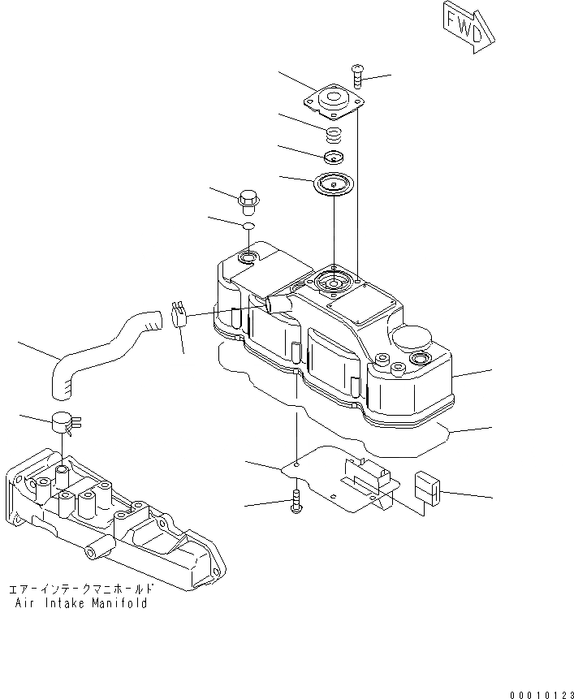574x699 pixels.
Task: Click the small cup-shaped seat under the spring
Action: coord(334,156)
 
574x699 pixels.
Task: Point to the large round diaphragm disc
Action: coord(334,183)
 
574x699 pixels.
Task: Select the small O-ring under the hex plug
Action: coord(249,225)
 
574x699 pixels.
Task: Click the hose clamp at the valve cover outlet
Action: coord(179,313)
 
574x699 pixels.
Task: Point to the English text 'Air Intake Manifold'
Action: coord(81,603)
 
